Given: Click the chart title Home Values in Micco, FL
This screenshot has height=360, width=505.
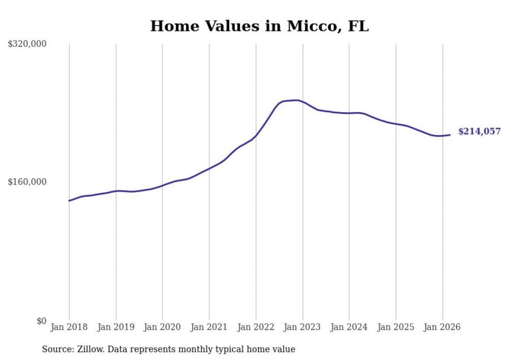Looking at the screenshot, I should (x=259, y=26).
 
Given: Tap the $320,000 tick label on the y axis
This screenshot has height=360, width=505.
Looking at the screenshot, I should (x=27, y=44).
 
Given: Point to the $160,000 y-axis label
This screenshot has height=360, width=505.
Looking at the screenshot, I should (x=27, y=182).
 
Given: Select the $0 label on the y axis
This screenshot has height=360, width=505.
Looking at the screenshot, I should (x=41, y=321).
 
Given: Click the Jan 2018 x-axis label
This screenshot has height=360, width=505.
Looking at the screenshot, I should (x=69, y=327).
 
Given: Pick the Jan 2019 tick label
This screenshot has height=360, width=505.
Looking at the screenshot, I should (x=115, y=327).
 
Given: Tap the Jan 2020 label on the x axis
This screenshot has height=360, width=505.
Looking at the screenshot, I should (x=162, y=327).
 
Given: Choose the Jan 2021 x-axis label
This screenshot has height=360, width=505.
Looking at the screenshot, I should (x=209, y=327).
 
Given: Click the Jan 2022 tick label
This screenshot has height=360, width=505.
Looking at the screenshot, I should (x=256, y=327).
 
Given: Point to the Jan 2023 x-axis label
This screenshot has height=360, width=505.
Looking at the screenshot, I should (x=302, y=327).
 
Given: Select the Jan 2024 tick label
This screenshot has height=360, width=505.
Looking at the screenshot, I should (x=349, y=327).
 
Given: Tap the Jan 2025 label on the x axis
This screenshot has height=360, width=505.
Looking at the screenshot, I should (x=396, y=327).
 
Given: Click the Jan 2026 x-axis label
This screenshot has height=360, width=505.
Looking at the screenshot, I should (x=442, y=327).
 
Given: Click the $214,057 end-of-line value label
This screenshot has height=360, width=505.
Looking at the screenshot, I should (x=479, y=131).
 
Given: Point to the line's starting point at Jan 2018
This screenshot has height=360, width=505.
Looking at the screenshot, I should (x=69, y=200).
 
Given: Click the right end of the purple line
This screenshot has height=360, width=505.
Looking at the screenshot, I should (x=450, y=135).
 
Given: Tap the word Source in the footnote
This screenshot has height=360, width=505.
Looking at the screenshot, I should (x=57, y=349).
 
